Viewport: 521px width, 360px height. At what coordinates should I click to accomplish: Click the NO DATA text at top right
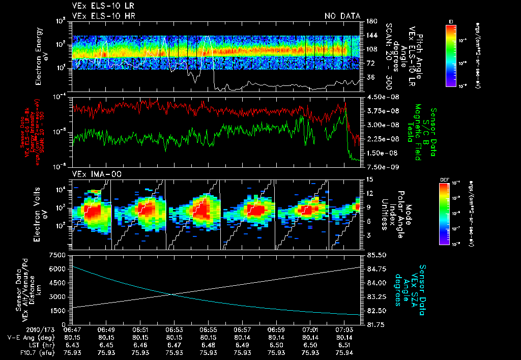pyautogui.click(x=342, y=16)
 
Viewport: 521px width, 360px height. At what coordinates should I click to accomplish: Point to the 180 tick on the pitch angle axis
pyautogui.click(x=370, y=21)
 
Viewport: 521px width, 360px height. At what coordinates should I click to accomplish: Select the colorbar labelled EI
pyautogui.click(x=451, y=54)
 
